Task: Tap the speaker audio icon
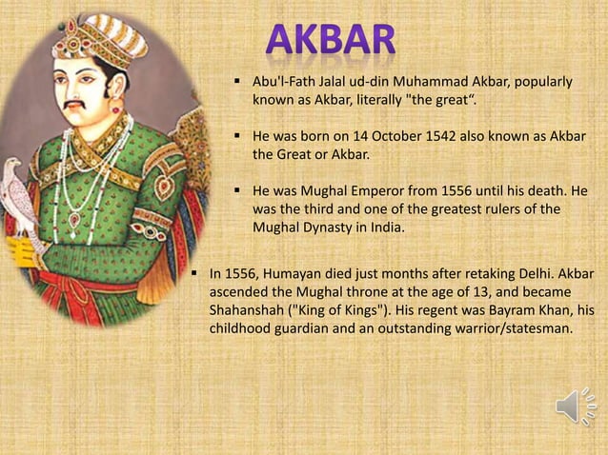tap(576, 408)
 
